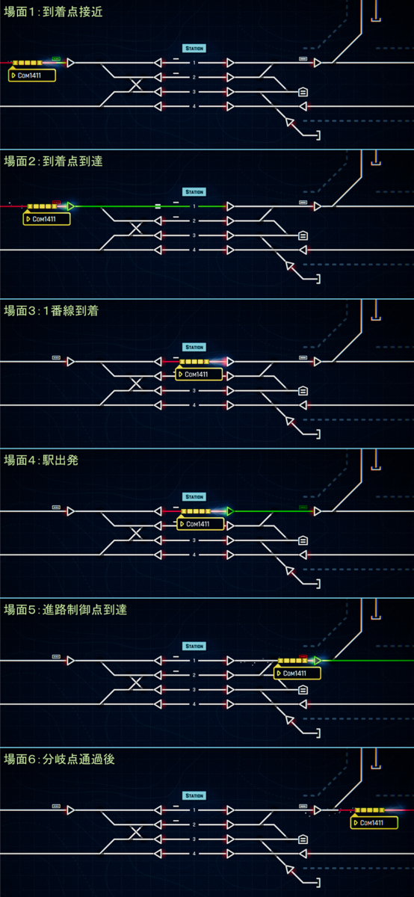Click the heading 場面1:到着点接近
coord(53,12)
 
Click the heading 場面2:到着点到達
coord(53,161)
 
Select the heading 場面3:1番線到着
coord(52,311)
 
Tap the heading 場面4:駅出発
coord(41,460)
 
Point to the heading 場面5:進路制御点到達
coord(66,610)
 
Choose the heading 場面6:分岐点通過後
coord(59,759)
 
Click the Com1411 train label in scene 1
coord(32,75)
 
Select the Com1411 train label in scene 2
coord(47,219)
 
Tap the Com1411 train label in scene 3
coord(199,374)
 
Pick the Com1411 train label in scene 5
coord(297,673)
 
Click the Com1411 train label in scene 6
coord(374,822)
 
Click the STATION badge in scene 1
coord(194,49)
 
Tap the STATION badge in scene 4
coord(194,497)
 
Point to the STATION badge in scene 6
coord(194,795)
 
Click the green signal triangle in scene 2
coord(70,206)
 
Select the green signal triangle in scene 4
coord(230,511)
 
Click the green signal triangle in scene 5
coord(317,660)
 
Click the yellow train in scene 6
coord(370,810)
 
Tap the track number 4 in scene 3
coord(194,405)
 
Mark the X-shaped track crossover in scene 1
coord(136,84)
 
